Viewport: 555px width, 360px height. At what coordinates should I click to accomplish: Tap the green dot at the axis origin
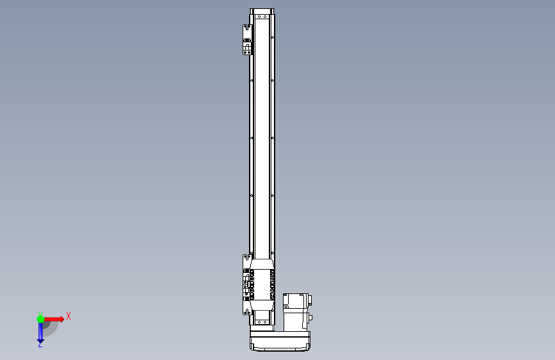point(40,319)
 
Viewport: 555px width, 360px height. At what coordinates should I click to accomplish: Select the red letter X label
point(68,316)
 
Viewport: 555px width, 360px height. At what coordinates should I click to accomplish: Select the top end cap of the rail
point(262,12)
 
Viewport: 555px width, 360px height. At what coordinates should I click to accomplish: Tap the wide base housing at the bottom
point(280,340)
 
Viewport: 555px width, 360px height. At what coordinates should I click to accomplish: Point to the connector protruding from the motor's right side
point(310,318)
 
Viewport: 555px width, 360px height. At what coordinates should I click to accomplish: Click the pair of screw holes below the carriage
point(262,322)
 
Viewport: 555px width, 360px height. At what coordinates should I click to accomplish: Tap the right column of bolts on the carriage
point(273,284)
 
